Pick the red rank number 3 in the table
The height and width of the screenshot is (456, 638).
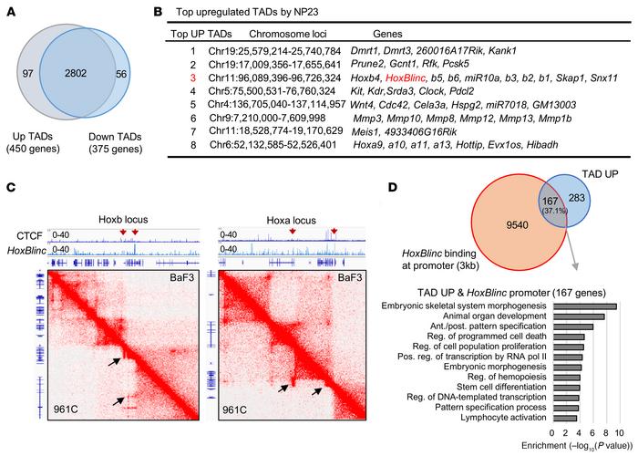[215, 79]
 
